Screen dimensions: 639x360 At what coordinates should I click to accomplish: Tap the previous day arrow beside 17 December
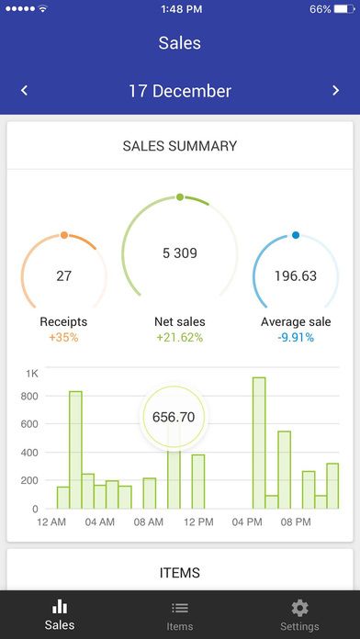coord(24,90)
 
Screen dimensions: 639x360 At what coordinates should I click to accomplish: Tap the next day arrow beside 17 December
coord(336,90)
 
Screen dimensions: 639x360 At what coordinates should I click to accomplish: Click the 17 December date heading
coord(179,91)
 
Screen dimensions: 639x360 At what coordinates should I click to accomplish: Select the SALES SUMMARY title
coord(180,146)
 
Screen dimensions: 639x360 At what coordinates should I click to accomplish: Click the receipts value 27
coord(64,275)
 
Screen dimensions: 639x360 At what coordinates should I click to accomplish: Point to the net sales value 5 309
coord(180,253)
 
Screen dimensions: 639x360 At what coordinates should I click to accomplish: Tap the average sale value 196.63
coord(296,275)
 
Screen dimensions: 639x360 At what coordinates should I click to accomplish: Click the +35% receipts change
coord(64,337)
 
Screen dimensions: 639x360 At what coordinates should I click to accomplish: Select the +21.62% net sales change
coord(180,337)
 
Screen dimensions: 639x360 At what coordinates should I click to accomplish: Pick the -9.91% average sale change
coord(296,337)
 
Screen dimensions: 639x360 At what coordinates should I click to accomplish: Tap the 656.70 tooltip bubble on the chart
coord(174,417)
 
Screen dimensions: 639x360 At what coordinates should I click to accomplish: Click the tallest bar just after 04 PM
coord(259,443)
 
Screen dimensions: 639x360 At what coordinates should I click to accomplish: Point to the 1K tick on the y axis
coord(32,374)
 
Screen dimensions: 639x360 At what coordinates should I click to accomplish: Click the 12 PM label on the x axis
coord(198,522)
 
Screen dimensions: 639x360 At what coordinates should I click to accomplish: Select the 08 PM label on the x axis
coord(296,522)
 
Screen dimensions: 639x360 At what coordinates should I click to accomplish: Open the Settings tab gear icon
coord(299,608)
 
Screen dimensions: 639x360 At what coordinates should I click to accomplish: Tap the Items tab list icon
coord(180,608)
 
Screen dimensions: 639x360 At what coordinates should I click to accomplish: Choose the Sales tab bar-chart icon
coord(60,607)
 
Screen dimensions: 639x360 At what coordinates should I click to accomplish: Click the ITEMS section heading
coord(180,573)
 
